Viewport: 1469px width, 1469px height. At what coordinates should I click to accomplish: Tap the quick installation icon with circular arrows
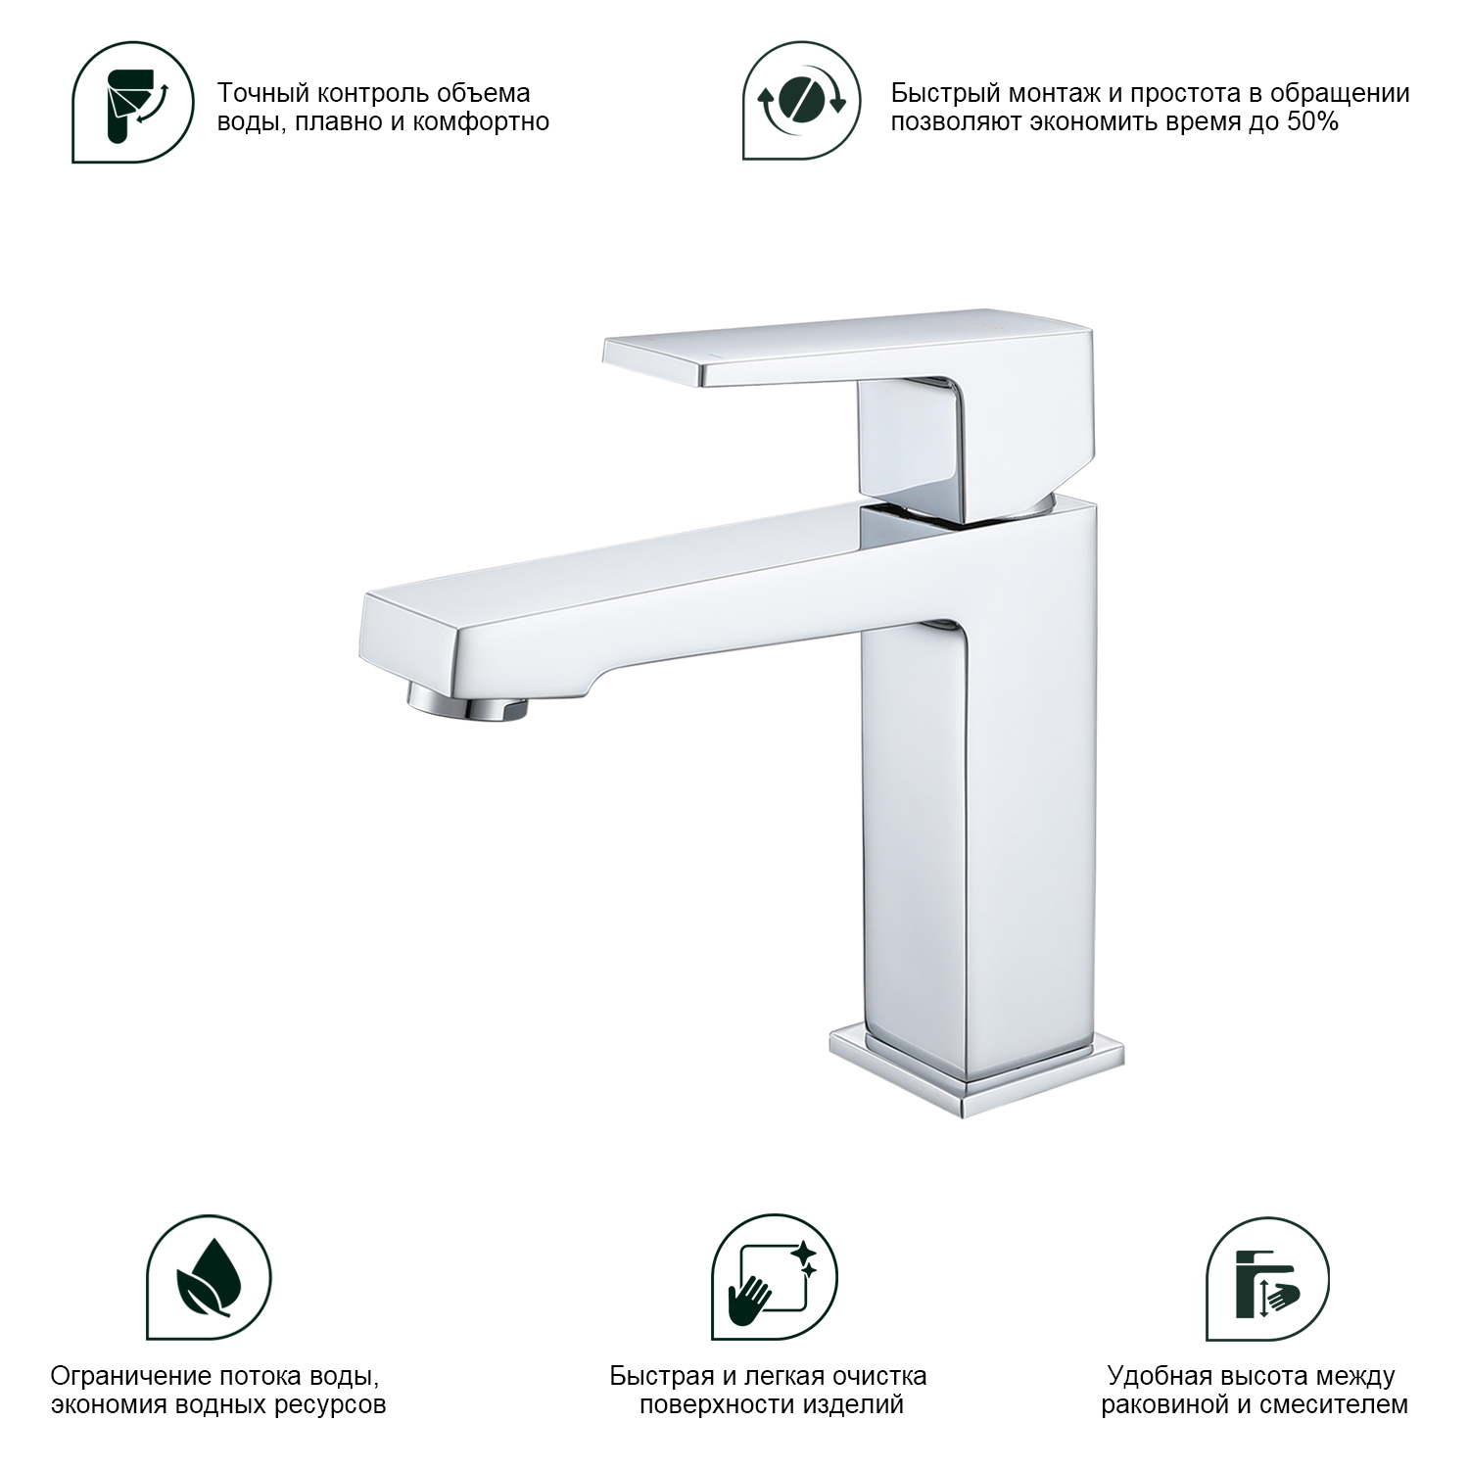pos(802,101)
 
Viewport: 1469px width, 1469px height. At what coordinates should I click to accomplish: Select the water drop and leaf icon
pos(209,1278)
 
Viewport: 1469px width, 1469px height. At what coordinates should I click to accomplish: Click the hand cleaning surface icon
pos(774,1278)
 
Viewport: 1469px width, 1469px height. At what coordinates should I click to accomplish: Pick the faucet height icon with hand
pos(1267,1278)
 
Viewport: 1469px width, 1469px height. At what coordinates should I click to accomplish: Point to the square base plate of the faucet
pos(976,1072)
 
